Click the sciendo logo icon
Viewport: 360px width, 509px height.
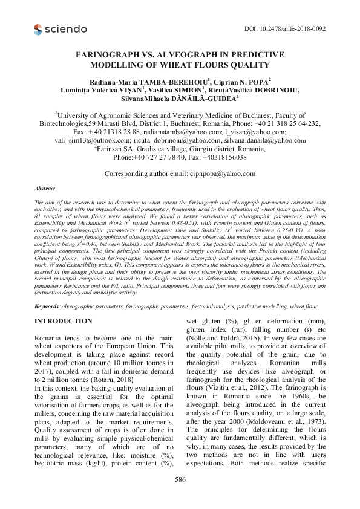[x=39, y=28]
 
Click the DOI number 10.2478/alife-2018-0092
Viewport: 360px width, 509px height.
[x=300, y=28]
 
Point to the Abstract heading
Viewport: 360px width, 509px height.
[x=46, y=189]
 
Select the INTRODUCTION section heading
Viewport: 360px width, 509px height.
[x=64, y=320]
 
